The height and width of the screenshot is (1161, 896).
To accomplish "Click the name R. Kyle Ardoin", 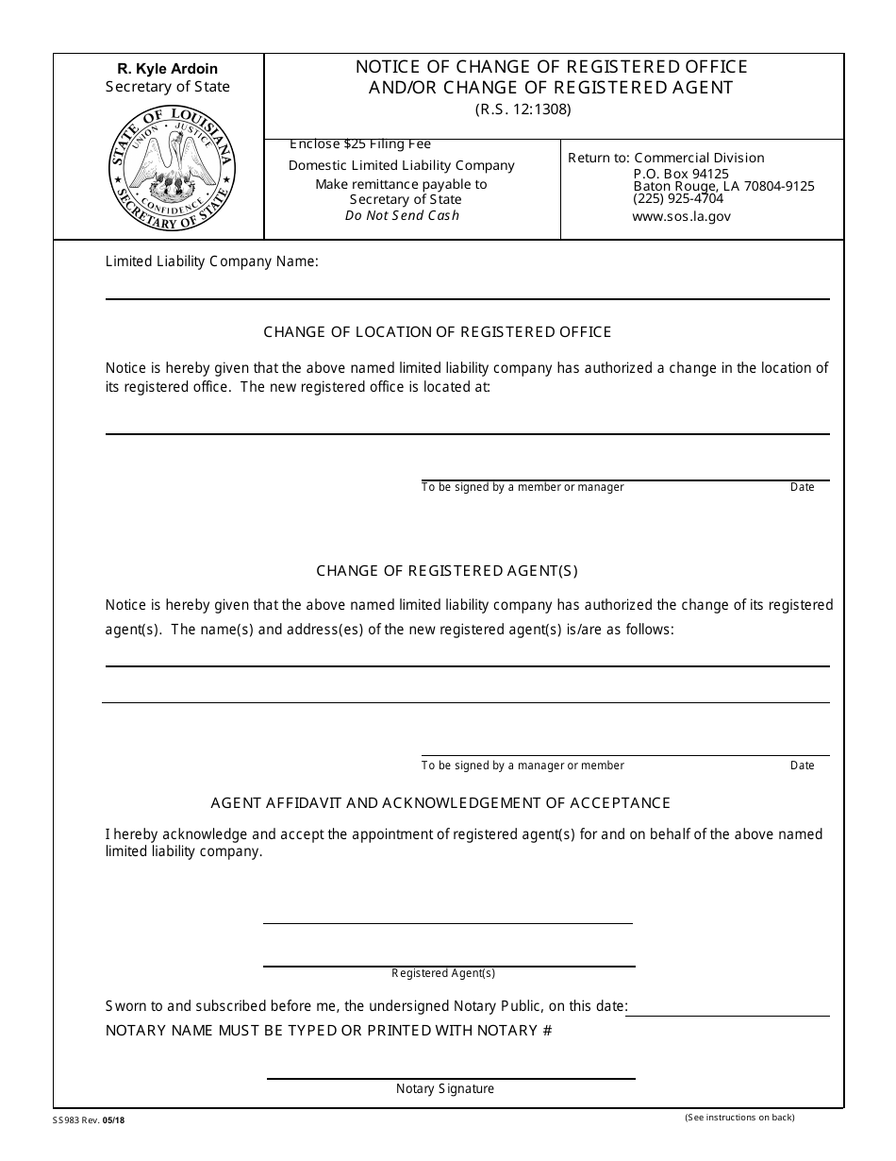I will tap(167, 69).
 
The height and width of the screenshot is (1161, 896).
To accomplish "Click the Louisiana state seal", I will tap(171, 170).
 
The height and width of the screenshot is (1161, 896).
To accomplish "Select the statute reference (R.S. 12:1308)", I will tap(523, 109).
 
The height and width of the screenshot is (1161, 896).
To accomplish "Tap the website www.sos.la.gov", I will tap(681, 216).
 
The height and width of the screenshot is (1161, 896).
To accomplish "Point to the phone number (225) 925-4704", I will tap(678, 199).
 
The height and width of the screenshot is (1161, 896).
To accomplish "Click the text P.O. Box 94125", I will tap(680, 174).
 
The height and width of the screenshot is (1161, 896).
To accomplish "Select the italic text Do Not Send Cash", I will tap(402, 215).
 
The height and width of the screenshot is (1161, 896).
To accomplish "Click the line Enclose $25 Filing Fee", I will tap(360, 144).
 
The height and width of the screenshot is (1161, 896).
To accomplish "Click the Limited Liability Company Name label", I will tap(211, 261).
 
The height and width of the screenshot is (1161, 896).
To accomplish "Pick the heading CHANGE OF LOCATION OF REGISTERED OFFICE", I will tap(438, 332).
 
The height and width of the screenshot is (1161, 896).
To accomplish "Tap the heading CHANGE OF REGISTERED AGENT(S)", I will tap(447, 571).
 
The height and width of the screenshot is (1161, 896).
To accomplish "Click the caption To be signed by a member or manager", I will tap(523, 488).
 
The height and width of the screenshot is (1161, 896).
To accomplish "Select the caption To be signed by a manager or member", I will tap(523, 766).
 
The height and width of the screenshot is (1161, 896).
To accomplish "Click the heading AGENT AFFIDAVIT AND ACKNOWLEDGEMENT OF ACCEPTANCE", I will tap(440, 803).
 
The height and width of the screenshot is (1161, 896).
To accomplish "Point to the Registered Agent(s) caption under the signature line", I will tap(443, 973).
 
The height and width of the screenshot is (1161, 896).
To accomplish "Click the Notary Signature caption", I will tap(445, 1089).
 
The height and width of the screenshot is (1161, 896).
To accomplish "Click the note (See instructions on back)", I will tap(739, 1119).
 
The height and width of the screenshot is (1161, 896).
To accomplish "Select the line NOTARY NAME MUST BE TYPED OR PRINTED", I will tap(328, 1031).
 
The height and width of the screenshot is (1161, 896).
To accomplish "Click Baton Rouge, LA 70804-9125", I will tap(723, 187).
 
